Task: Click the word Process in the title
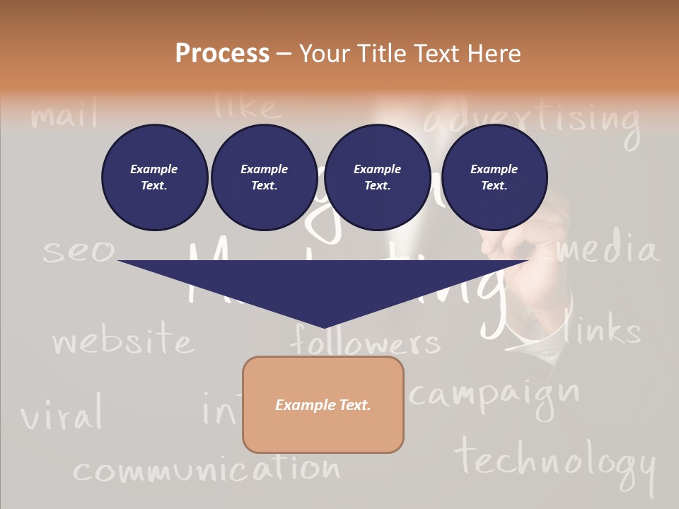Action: pos(222,54)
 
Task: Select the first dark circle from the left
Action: pos(154,177)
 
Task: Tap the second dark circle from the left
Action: pos(264,177)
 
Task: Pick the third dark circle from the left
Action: pos(377,177)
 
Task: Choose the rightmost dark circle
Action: pos(494,177)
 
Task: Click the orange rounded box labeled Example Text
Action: pos(323,404)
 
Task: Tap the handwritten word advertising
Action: pos(532,119)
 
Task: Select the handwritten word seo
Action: pos(78,251)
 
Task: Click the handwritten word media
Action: pos(606,250)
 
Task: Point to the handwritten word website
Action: pos(122,341)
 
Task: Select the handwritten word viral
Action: pos(62,415)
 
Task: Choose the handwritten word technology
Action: pos(555,461)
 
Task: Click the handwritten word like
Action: pos(248,106)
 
